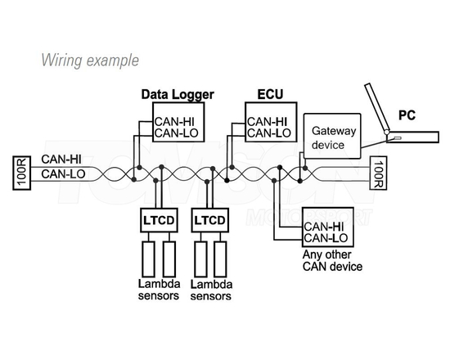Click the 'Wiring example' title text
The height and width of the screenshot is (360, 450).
pos(88,61)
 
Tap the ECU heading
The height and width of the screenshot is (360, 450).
pos(267,95)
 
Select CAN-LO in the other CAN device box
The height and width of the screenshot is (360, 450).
pos(326,238)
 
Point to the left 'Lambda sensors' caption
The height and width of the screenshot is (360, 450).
pos(158,290)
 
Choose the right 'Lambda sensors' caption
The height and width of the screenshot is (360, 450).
pos(211,290)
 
